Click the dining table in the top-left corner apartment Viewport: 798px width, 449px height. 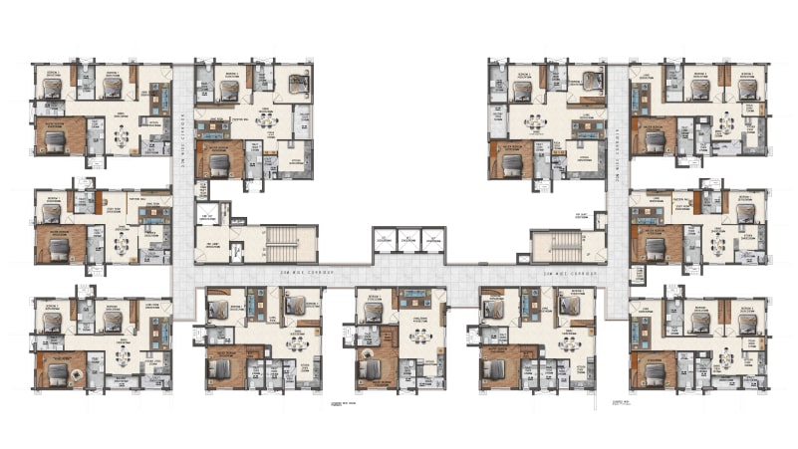[121, 136]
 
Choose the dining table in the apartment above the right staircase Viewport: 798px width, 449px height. [536, 123]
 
